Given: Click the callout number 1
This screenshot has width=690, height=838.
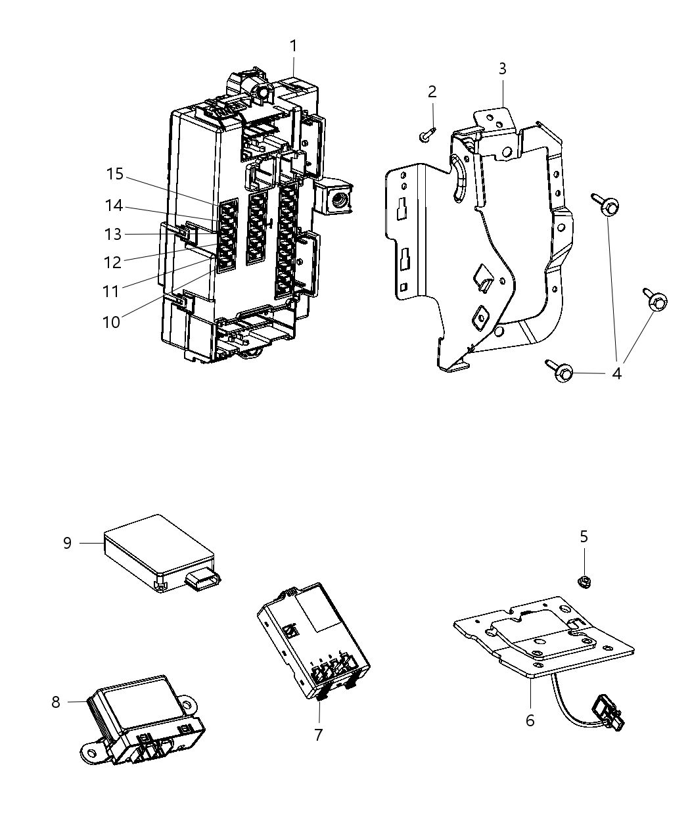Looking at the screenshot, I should [293, 46].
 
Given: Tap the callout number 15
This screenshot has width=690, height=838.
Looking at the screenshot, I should [115, 174].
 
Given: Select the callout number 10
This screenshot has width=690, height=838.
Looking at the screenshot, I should [112, 322].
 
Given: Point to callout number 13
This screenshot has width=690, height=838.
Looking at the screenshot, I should [112, 235].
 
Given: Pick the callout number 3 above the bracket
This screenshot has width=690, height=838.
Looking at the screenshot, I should [502, 68].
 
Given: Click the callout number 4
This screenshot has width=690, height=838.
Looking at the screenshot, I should [616, 373].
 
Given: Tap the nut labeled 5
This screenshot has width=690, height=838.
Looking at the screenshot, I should [583, 580].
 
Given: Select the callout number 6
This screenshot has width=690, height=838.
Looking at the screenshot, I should [530, 720].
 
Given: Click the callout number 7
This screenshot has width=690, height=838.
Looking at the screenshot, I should [319, 734].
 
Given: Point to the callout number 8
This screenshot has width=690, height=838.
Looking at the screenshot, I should [56, 702].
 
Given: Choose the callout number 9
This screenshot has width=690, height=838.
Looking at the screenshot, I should [67, 544].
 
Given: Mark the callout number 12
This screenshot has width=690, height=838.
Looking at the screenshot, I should [112, 262].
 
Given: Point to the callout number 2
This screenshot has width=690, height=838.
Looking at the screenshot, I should [432, 92].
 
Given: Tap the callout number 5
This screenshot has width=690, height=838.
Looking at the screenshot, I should [584, 537].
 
